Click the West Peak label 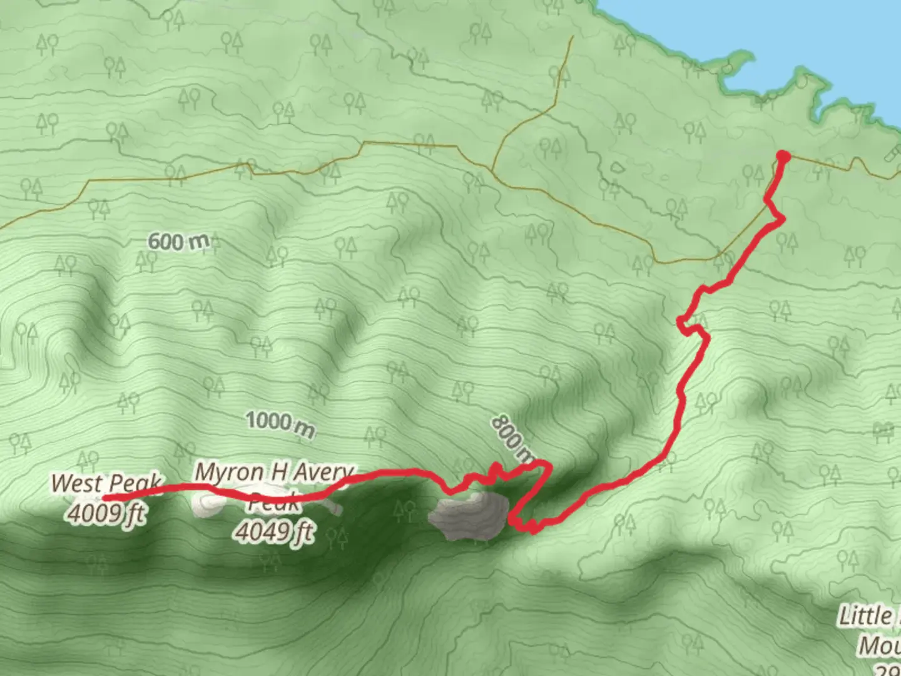pos(105,483)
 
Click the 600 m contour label pos(178,241)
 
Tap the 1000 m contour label pos(280,424)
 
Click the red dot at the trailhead pos(782,156)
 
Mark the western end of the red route pos(104,498)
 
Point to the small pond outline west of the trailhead pos(617,168)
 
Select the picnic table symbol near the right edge pos(883,430)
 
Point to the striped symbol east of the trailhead pos(892,155)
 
